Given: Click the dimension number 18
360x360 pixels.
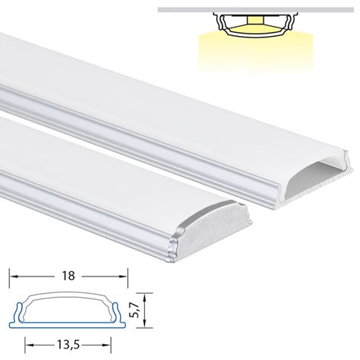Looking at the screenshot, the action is coord(68,276).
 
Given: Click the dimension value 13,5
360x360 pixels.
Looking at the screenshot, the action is coord(68,345).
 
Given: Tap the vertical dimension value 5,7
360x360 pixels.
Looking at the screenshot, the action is coord(136,310).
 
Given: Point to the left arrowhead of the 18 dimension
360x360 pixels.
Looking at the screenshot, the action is coord(13,277).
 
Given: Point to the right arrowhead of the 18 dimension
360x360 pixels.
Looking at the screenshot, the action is coord(123,277).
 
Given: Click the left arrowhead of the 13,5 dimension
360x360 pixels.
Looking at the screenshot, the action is coord(29,345).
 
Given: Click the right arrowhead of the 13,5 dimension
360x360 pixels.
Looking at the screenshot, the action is coord(107,345).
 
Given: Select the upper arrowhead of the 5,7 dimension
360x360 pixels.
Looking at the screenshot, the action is coord(145,297).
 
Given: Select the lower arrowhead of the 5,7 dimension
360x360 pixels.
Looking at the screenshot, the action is coord(145,323).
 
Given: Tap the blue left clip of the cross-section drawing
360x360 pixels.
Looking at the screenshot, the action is coord(18,313).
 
